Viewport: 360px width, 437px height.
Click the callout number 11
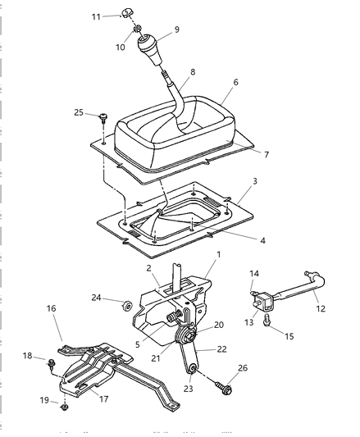(96, 16)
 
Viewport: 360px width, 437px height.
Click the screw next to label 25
(104, 117)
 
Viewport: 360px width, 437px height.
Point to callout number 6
(235, 83)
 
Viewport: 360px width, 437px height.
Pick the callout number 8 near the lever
(194, 72)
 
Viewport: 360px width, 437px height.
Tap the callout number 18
(28, 356)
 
